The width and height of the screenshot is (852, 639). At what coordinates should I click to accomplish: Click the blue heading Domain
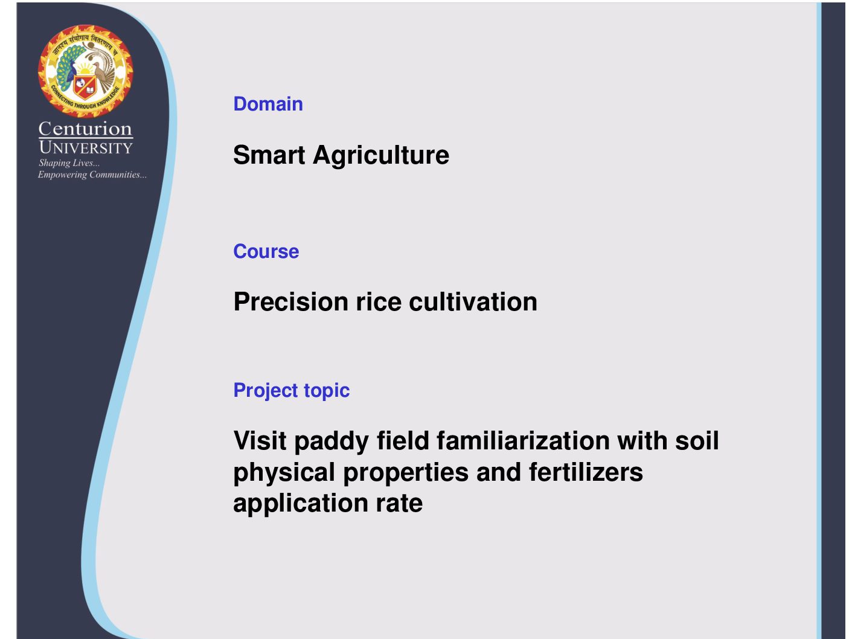(x=268, y=104)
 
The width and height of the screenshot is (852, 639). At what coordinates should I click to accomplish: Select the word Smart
(x=269, y=155)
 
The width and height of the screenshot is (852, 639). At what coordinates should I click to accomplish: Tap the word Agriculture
(x=381, y=156)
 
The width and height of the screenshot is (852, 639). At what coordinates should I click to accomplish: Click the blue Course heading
(x=266, y=251)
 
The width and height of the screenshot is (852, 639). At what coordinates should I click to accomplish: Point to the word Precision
(x=290, y=301)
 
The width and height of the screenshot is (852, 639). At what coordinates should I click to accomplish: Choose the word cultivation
(x=473, y=301)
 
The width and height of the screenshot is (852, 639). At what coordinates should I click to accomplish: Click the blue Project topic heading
(x=291, y=391)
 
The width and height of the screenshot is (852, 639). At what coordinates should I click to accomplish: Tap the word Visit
(x=260, y=441)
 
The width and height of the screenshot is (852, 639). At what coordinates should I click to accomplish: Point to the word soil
(x=697, y=441)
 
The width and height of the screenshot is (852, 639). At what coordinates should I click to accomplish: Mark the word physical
(x=284, y=474)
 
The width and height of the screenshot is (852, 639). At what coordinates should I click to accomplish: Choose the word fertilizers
(x=586, y=472)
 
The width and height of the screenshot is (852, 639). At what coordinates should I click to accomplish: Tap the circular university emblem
(x=85, y=71)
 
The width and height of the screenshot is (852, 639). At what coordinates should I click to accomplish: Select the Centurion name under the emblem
(x=85, y=129)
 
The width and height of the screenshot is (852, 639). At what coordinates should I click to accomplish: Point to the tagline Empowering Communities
(x=92, y=175)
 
